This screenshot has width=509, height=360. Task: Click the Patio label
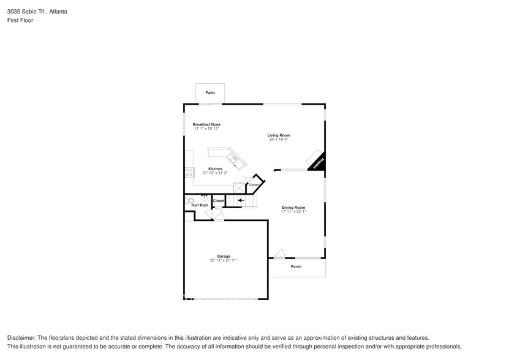pos(210,92)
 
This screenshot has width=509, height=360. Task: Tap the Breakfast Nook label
pos(206,124)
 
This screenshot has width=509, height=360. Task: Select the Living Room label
pos(279,135)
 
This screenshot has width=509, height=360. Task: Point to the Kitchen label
pos(215,168)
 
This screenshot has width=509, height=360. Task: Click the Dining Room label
pos(293,208)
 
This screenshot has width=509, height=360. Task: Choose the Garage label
pos(223,257)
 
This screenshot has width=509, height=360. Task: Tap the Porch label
pos(296,266)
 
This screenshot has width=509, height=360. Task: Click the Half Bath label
pos(200,205)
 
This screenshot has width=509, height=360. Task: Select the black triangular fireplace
pos(318,163)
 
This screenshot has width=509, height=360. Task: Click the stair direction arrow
pos(241,200)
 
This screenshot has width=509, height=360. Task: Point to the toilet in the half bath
pos(190,200)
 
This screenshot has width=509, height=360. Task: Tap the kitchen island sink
pos(233,159)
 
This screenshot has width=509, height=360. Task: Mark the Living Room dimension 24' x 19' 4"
pos(279,140)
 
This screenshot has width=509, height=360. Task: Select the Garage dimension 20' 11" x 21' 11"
pos(223,261)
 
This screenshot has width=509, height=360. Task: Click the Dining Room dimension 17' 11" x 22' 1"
pos(293,212)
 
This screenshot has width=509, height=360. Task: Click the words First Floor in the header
pos(20,20)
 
